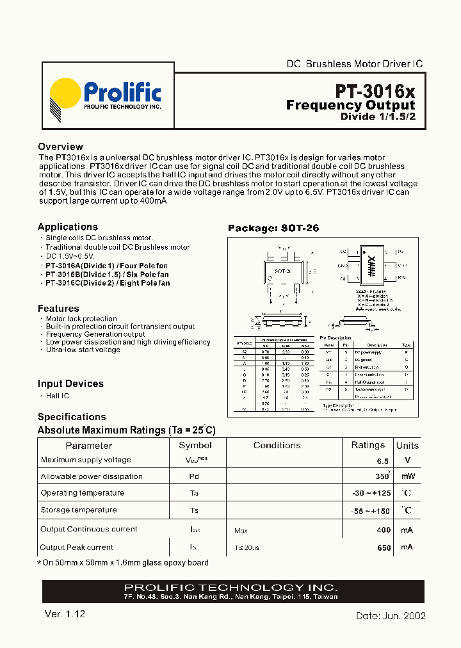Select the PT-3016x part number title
pos(375,90)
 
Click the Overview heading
pos(60,147)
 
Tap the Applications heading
pos(68,227)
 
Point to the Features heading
pos(58,308)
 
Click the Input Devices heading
pos(70,384)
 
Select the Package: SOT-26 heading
pos(273,228)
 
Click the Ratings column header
pos(368,445)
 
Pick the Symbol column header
pos(195,445)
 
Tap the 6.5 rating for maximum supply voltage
pos(382,460)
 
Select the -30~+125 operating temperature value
pos(371,494)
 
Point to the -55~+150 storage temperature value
pos(371,511)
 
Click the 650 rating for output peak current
pos(383,547)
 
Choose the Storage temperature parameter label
pos(79,510)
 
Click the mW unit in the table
pos(407,477)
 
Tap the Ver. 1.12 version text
pos(65,613)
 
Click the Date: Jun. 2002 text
pos(391,615)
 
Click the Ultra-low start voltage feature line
pos(83,350)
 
